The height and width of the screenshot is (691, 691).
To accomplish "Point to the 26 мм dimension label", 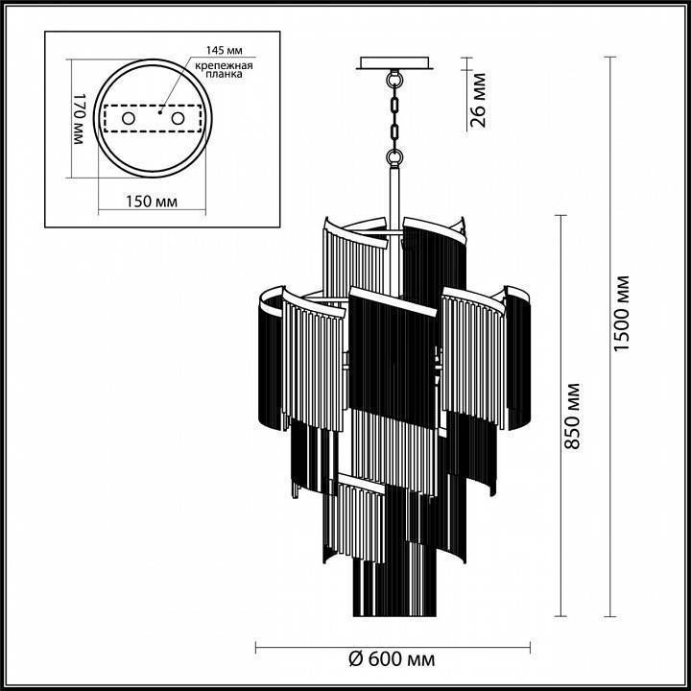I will tap(479, 99).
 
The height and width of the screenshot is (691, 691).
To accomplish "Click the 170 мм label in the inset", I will tap(80, 119).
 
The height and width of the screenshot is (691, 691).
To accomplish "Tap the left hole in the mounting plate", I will tap(128, 117).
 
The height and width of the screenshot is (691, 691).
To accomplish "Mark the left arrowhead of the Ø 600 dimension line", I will tap(259, 646).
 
